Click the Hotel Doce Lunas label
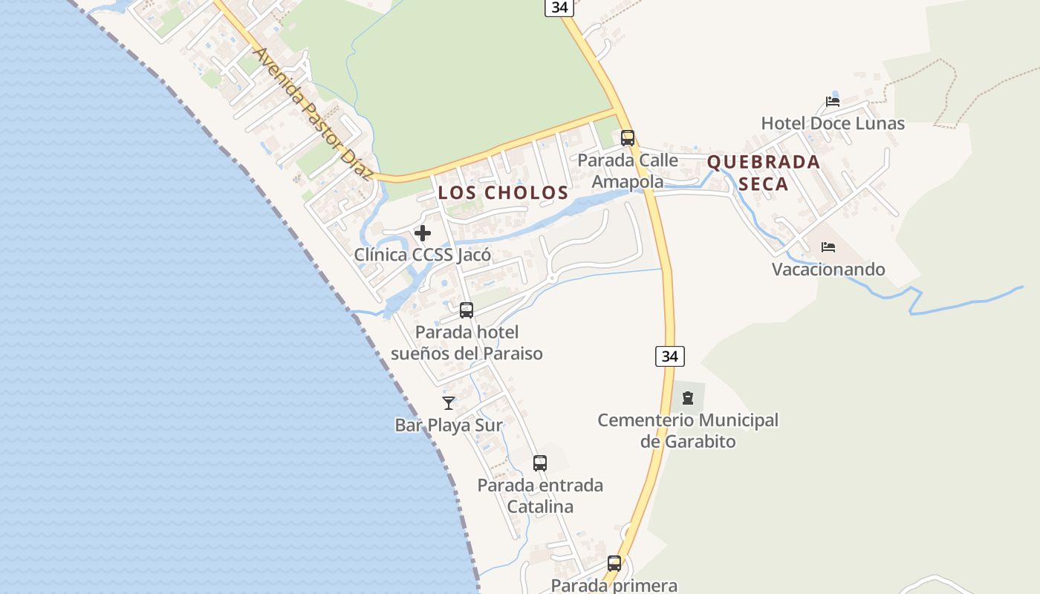click(833, 123)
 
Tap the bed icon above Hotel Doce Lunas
click(833, 101)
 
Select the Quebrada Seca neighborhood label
click(764, 172)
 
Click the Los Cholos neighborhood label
click(503, 193)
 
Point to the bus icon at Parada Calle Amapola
click(628, 137)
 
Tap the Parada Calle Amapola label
click(628, 171)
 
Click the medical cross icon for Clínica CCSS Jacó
click(423, 233)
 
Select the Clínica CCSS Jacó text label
click(423, 255)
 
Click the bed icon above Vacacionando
click(828, 247)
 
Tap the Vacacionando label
click(828, 269)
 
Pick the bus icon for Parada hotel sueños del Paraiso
click(467, 310)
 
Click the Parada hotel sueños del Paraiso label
click(467, 343)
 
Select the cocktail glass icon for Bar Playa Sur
click(449, 403)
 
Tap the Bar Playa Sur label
click(449, 425)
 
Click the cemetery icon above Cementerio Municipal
click(688, 398)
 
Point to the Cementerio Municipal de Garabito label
click(688, 431)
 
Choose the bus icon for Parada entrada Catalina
click(540, 463)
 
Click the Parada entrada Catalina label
click(540, 496)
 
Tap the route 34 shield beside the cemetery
click(670, 356)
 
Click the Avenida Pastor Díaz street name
click(312, 115)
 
